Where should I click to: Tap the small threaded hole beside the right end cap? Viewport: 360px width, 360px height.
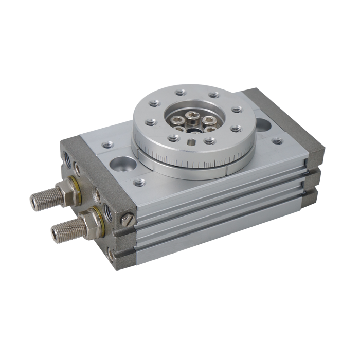277,140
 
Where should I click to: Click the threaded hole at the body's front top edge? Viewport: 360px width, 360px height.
139,182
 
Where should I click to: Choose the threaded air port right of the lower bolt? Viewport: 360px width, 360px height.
109,212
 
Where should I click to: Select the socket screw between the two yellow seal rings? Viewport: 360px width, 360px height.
97,195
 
